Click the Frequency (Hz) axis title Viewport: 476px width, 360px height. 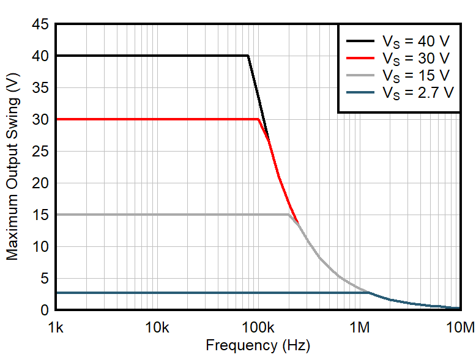coord(258,345)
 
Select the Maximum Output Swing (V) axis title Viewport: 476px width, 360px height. coord(13,167)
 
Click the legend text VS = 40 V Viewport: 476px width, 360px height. coord(416,42)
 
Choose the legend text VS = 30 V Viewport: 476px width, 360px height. coord(416,59)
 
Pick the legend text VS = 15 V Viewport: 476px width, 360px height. coord(416,76)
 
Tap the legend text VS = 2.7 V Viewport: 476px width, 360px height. coord(418,93)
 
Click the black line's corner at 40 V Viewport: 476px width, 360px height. coord(248,56)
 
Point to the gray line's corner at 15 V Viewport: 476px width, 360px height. coord(288,215)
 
